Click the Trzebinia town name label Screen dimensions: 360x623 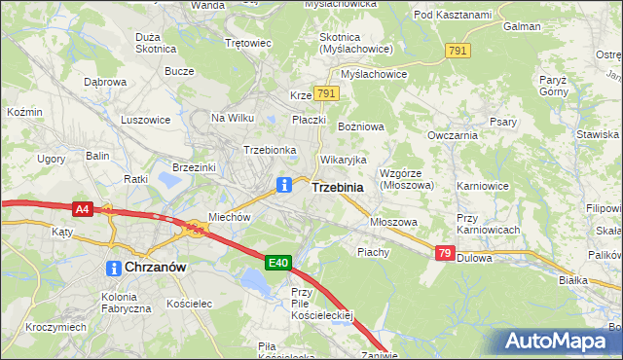tap(338, 187)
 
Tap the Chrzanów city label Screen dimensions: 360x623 tap(154, 267)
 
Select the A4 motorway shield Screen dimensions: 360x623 tap(83, 208)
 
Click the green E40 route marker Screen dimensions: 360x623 tap(278, 262)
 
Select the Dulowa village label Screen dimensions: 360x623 tap(476, 259)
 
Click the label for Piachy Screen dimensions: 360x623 tap(373, 252)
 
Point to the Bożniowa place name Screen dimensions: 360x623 tap(360, 127)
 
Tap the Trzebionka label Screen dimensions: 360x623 tap(270, 151)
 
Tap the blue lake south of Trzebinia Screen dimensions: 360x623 tap(255, 283)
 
